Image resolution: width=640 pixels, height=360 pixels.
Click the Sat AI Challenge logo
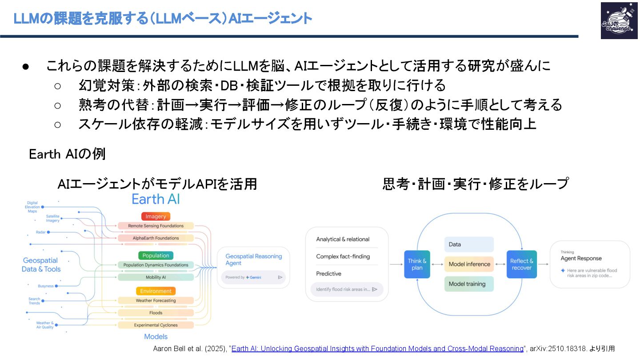coord(619,20)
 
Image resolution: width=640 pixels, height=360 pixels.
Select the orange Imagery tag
coord(156,216)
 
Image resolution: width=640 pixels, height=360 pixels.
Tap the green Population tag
coord(156,256)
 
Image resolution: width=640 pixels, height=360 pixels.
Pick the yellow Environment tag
coord(156,291)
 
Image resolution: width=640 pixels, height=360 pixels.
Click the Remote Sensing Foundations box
coord(156,226)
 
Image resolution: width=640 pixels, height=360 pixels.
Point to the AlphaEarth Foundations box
coord(156,238)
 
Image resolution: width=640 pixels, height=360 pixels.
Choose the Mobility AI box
coord(156,277)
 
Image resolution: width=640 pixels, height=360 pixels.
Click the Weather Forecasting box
coord(156,300)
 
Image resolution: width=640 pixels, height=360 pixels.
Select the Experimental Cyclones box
coord(156,325)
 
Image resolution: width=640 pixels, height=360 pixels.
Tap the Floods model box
coord(156,313)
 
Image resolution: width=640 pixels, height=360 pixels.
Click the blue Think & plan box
coord(417,264)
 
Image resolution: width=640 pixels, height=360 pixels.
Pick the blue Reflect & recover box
coord(521,264)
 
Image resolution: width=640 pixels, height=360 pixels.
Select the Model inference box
coord(469,264)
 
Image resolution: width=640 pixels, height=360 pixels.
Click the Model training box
coord(469,284)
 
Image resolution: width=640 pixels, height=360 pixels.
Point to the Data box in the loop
coord(469,244)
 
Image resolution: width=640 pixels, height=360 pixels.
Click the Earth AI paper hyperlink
coord(377,349)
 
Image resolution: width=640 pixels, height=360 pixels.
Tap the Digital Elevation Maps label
coord(32,207)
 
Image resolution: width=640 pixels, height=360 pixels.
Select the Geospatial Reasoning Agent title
coord(253,260)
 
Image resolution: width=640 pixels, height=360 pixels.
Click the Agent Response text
coord(581,258)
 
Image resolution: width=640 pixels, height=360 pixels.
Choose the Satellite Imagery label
coord(52,218)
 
